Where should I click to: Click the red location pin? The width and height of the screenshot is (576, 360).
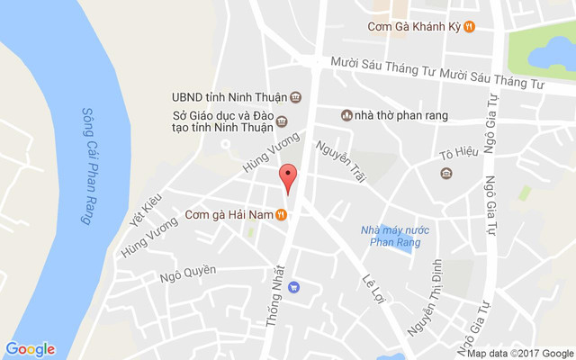(x=288, y=177)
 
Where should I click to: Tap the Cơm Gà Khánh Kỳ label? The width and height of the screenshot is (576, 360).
(x=414, y=26)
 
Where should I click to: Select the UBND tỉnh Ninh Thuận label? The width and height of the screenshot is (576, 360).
(x=229, y=97)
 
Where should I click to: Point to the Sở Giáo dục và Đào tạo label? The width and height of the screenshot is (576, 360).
(x=222, y=121)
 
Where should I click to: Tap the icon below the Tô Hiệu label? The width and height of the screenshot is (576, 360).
(x=446, y=173)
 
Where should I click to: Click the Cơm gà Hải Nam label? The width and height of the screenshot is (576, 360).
(x=229, y=214)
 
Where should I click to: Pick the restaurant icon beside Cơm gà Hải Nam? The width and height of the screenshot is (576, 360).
(x=282, y=214)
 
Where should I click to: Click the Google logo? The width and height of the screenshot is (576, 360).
(x=31, y=349)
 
